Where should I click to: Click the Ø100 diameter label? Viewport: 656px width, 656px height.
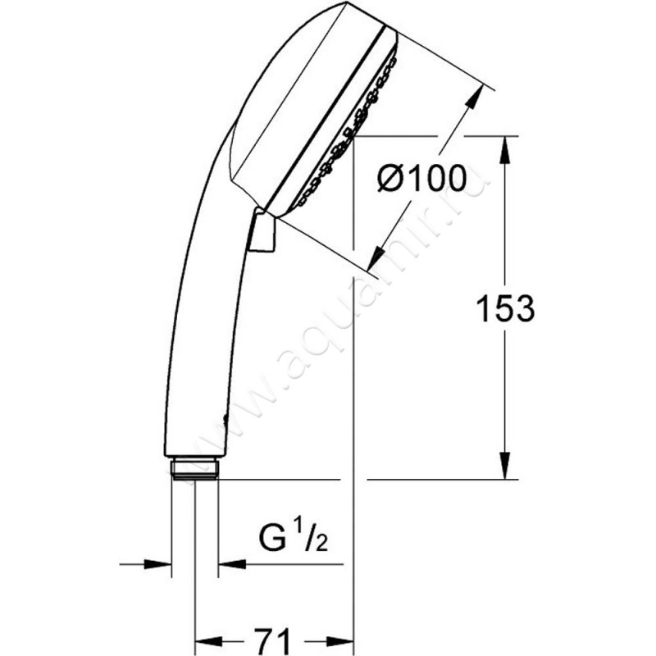pyautogui.click(x=421, y=178)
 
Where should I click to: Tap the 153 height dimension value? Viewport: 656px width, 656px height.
pyautogui.click(x=505, y=309)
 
